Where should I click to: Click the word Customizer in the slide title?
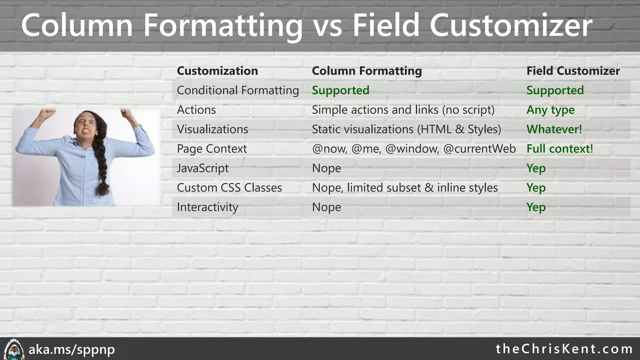pyautogui.click(x=511, y=26)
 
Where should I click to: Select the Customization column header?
pyautogui.click(x=217, y=71)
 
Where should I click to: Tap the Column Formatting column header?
pyautogui.click(x=367, y=71)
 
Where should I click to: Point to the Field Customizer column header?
pyautogui.click(x=573, y=71)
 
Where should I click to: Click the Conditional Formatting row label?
pyautogui.click(x=238, y=91)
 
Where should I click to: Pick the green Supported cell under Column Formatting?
pyautogui.click(x=340, y=91)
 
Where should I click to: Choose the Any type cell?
pyautogui.click(x=550, y=110)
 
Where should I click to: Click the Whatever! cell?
pyautogui.click(x=554, y=129)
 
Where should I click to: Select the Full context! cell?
pyautogui.click(x=559, y=149)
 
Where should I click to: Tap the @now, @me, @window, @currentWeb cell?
pyautogui.click(x=413, y=149)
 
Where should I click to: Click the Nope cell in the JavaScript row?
pyautogui.click(x=326, y=168)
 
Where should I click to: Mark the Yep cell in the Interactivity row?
pyautogui.click(x=536, y=207)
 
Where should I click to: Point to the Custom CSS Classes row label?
pyautogui.click(x=229, y=188)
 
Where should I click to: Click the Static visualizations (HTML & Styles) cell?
pyautogui.click(x=406, y=129)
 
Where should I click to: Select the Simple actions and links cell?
pyautogui.click(x=403, y=110)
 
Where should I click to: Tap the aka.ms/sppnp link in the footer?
pyautogui.click(x=72, y=349)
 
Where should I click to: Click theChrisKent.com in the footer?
pyautogui.click(x=564, y=349)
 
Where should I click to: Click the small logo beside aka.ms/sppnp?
pyautogui.click(x=14, y=349)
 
